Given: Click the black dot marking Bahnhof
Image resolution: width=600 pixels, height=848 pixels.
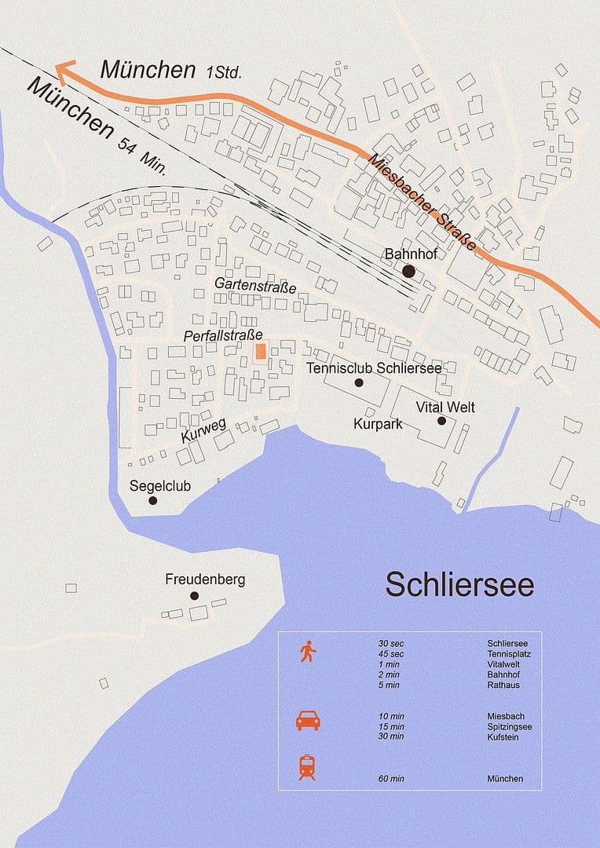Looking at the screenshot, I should click(x=408, y=271).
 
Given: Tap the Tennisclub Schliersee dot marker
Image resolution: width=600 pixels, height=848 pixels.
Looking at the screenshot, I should click(x=359, y=383).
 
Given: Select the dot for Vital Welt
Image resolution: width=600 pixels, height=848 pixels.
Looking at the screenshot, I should click(x=441, y=421).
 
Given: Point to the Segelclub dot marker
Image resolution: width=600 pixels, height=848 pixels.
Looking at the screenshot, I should click(x=153, y=500).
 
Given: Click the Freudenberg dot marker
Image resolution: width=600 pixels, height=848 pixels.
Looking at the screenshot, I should click(x=194, y=596).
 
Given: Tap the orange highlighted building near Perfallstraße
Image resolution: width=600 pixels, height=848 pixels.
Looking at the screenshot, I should click(x=261, y=350).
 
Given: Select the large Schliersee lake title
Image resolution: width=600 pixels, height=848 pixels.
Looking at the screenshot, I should click(x=459, y=585).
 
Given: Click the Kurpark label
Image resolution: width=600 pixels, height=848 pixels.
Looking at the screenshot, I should click(x=378, y=424).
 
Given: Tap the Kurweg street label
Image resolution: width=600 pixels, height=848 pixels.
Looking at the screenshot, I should click(x=203, y=430).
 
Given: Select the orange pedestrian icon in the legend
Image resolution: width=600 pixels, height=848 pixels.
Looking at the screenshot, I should click(x=307, y=652).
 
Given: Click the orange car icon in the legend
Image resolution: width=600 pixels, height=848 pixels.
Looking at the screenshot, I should click(x=307, y=720).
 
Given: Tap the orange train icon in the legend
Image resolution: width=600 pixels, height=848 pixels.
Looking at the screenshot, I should click(x=307, y=767).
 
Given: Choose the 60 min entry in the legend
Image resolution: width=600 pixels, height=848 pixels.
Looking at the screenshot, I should click(x=391, y=779).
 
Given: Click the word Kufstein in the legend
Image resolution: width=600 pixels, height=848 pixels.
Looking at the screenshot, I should click(x=503, y=737).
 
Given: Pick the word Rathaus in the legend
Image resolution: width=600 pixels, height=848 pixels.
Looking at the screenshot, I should click(x=503, y=685).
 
